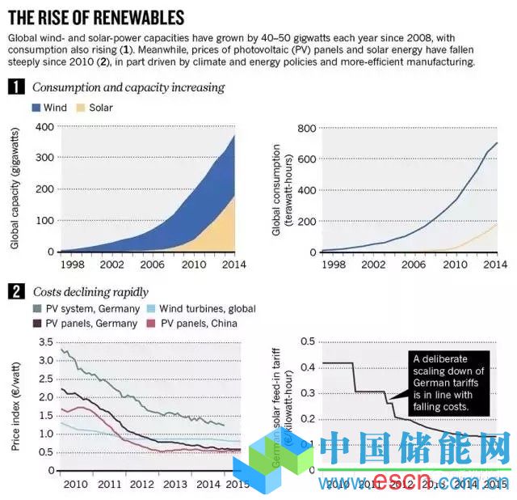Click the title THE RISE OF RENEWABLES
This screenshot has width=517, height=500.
pos(96,17)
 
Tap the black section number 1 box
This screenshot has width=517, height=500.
pos(14,87)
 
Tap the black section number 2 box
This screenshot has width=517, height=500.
pos(14,291)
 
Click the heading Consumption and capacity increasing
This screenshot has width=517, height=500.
pos(128,87)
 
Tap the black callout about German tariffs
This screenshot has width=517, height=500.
pos(450,382)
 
